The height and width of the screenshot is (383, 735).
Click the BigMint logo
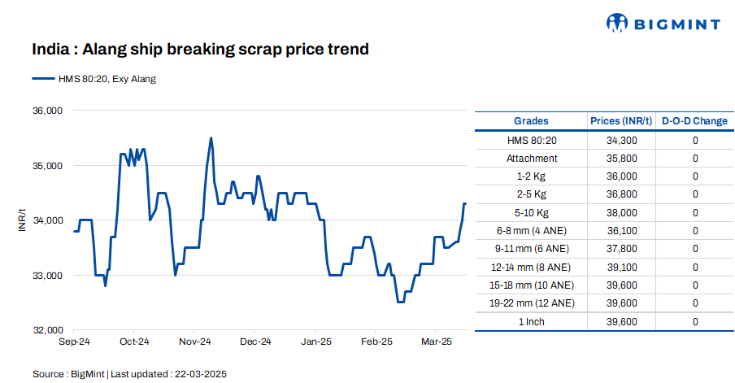[x=663, y=24]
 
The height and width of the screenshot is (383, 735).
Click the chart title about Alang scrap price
[x=200, y=50]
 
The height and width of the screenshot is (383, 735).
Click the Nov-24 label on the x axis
[x=195, y=342]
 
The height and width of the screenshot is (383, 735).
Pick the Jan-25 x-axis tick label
[x=316, y=342]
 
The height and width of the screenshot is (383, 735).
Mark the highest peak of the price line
[x=211, y=138]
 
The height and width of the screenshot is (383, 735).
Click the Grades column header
[x=532, y=121]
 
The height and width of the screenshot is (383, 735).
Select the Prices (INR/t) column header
[x=621, y=121]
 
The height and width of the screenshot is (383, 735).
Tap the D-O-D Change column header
[x=694, y=121]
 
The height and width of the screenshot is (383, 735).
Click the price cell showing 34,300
[x=621, y=141]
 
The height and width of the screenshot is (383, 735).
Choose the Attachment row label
[x=532, y=159]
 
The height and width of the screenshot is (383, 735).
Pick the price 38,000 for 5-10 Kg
[x=621, y=213]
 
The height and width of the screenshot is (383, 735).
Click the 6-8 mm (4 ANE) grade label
[x=532, y=231]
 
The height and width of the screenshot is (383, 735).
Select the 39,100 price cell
[x=621, y=268]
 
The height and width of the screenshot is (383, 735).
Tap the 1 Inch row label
[x=532, y=322]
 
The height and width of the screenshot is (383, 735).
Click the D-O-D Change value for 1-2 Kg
[x=695, y=176]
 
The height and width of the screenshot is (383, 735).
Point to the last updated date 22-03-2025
[x=199, y=374]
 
